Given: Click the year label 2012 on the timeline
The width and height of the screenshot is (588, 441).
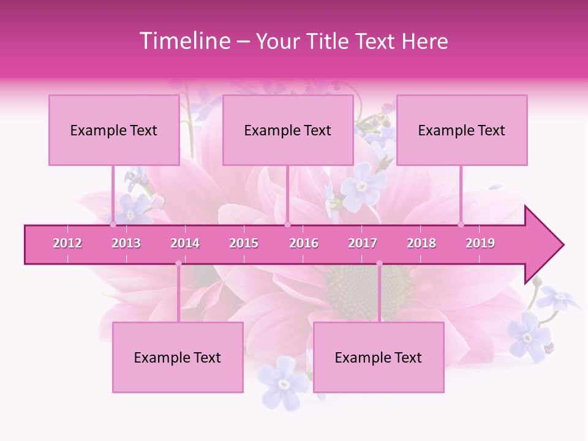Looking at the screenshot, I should [x=67, y=243].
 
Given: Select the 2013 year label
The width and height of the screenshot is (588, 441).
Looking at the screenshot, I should [x=126, y=243].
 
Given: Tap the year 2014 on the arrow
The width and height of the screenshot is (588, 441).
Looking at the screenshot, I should [x=185, y=243].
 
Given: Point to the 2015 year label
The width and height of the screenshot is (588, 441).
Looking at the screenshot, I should [x=244, y=243].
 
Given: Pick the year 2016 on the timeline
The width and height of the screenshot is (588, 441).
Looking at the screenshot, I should [x=304, y=243].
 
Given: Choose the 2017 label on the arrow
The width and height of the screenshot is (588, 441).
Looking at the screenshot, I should [x=363, y=243].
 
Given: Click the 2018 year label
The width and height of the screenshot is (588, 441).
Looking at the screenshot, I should [x=421, y=243].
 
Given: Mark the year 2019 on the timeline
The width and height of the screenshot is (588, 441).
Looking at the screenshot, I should [x=480, y=243].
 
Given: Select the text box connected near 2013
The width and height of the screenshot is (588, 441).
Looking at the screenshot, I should [x=114, y=130].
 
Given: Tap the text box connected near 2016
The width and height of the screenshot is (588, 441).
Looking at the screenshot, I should [x=288, y=130].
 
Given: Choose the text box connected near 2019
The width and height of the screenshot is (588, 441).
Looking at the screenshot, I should [x=462, y=130].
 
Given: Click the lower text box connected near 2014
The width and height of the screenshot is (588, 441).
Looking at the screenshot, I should [x=178, y=357].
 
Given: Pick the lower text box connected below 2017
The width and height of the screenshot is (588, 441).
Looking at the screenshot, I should [x=379, y=357].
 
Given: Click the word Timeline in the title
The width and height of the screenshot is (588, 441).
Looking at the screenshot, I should [x=184, y=41].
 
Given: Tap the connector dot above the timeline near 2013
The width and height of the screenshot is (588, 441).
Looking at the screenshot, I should [x=113, y=224].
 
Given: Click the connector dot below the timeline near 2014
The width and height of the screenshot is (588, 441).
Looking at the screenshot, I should [x=178, y=264].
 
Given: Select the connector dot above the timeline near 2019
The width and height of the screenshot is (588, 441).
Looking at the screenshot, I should [x=461, y=224].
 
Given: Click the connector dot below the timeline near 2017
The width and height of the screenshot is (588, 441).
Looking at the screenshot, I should [x=379, y=264].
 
